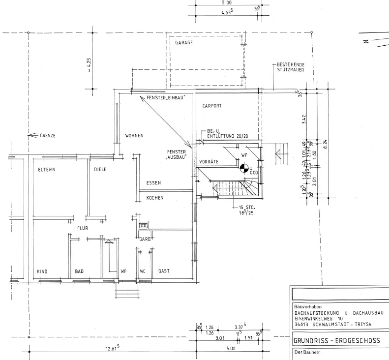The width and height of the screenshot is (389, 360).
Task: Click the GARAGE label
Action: [184, 43]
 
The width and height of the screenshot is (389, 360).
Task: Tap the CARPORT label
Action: [212, 106]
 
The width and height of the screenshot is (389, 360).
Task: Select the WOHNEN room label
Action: [134, 136]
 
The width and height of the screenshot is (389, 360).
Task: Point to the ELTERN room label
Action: [47, 170]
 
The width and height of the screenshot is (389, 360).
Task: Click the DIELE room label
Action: [100, 170]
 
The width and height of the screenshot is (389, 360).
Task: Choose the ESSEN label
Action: [153, 183]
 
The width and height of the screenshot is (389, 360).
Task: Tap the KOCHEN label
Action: [155, 198]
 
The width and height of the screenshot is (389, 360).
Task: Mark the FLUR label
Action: [82, 228]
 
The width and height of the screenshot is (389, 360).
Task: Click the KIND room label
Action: [42, 271]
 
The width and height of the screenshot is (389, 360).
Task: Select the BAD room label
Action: [79, 271]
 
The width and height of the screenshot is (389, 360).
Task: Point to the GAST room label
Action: [164, 271]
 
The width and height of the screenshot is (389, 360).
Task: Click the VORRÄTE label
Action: [209, 162]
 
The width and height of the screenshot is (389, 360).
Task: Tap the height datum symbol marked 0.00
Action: [244, 168]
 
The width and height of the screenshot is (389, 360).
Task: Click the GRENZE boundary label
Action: [47, 135]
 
